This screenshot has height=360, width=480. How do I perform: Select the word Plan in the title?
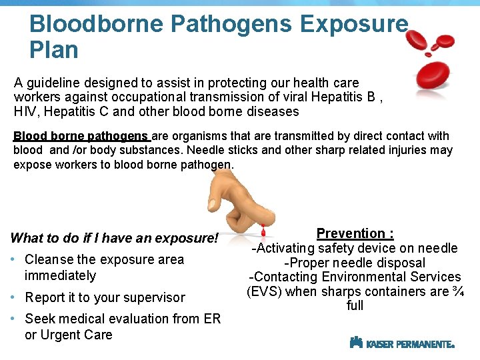tap(54, 50)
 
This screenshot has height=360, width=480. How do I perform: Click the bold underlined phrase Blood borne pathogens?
tap(81, 136)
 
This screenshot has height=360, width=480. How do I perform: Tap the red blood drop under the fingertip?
tap(263, 233)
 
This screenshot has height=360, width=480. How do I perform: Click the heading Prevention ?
tap(355, 233)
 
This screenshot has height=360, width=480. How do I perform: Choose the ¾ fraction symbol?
tap(457, 291)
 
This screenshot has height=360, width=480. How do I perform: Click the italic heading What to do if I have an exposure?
tap(115, 238)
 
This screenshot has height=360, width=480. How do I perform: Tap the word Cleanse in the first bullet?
tap(50, 259)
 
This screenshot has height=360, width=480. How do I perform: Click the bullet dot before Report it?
tap(15, 297)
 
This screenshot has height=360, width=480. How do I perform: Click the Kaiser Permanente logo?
tap(402, 343)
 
